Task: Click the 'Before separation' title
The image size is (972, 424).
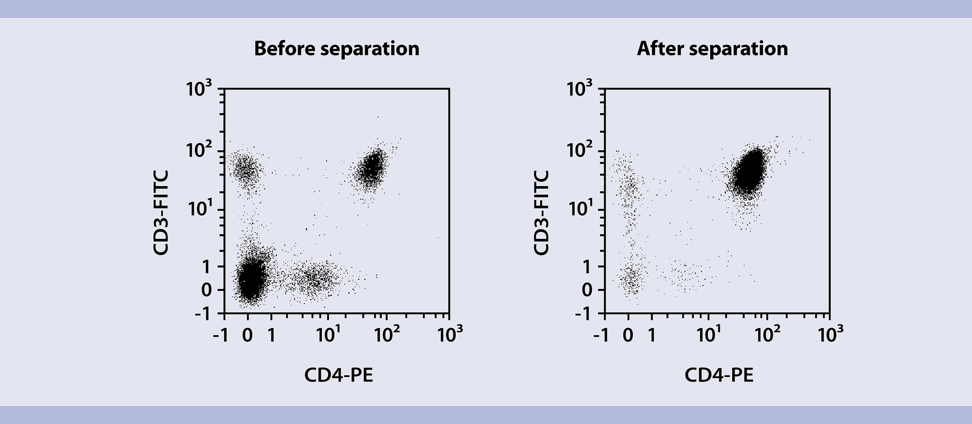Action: [337, 49]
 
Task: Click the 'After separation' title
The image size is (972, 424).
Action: [712, 49]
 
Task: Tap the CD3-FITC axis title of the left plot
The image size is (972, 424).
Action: [160, 213]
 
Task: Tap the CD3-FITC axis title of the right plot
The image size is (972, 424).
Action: [541, 213]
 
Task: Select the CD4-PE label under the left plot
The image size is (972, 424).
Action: [338, 375]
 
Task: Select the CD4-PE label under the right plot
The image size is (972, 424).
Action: [719, 375]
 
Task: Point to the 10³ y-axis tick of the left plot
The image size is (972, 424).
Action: [199, 90]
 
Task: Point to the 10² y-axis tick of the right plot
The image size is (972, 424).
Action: [579, 150]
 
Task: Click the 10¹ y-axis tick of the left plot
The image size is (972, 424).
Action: [199, 208]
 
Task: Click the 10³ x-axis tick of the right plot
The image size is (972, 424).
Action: [830, 334]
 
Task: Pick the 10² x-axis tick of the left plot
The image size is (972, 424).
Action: [387, 334]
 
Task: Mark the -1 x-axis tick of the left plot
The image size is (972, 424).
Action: [221, 335]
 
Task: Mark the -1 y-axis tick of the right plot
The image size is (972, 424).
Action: [583, 314]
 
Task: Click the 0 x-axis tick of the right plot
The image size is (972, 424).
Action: [628, 335]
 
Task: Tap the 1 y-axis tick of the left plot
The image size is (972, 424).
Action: [206, 266]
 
